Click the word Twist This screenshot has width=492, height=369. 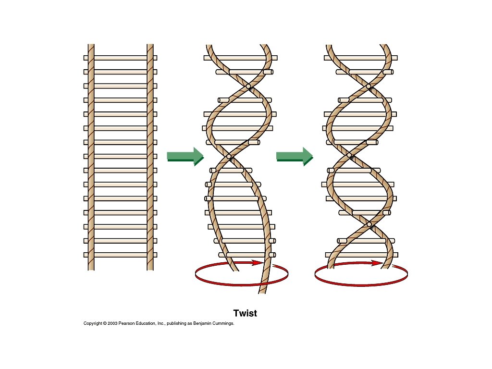(245, 313)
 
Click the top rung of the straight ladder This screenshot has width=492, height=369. (120, 58)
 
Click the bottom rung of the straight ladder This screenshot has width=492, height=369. (120, 255)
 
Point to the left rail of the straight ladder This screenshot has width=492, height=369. (91, 159)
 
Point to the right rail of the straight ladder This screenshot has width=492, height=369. (150, 159)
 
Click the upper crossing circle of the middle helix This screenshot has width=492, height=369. (248, 86)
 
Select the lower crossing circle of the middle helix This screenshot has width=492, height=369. (229, 156)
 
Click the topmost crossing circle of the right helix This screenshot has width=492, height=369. (369, 86)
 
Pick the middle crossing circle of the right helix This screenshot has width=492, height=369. (350, 155)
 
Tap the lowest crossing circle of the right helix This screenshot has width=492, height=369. (369, 224)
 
